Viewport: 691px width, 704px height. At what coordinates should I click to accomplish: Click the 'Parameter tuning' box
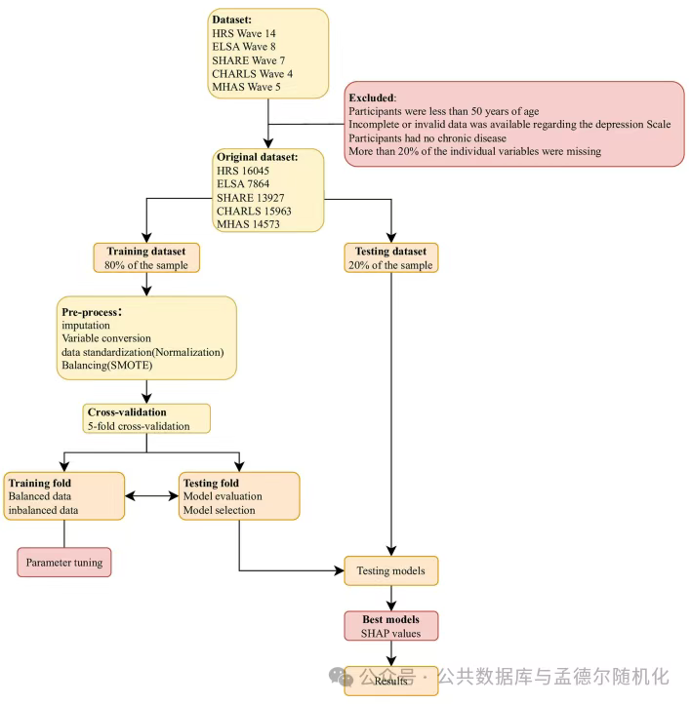click(x=64, y=562)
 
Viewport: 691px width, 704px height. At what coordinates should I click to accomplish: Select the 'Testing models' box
click(x=390, y=570)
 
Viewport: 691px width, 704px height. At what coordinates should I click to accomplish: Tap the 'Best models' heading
click(x=390, y=619)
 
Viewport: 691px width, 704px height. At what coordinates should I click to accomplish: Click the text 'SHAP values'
click(x=390, y=633)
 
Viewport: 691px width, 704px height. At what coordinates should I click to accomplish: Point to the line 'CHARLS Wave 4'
click(x=252, y=74)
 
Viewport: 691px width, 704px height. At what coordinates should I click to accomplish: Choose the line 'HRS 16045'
click(x=243, y=171)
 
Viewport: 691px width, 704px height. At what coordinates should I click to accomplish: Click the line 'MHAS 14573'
click(x=248, y=224)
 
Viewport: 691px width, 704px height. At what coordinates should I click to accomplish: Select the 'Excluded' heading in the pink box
click(x=373, y=98)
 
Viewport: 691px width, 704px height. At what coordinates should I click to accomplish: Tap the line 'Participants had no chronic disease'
click(x=427, y=137)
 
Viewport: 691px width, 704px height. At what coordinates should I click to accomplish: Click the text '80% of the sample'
click(x=146, y=265)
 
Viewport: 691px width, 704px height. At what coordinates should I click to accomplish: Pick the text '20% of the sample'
click(x=390, y=265)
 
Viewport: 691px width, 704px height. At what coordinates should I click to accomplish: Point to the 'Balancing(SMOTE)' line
click(x=107, y=365)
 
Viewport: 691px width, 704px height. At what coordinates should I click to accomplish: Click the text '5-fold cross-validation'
click(x=139, y=426)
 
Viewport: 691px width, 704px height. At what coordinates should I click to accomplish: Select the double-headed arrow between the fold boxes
click(x=151, y=496)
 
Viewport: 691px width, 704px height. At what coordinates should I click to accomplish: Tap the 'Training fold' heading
click(x=40, y=483)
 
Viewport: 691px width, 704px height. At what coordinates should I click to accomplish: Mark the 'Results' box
click(x=390, y=681)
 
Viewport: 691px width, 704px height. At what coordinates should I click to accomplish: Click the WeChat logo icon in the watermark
click(x=341, y=676)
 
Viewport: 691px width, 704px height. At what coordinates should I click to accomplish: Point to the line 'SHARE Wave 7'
click(x=249, y=60)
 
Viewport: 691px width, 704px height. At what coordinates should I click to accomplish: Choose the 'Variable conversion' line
click(x=106, y=338)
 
